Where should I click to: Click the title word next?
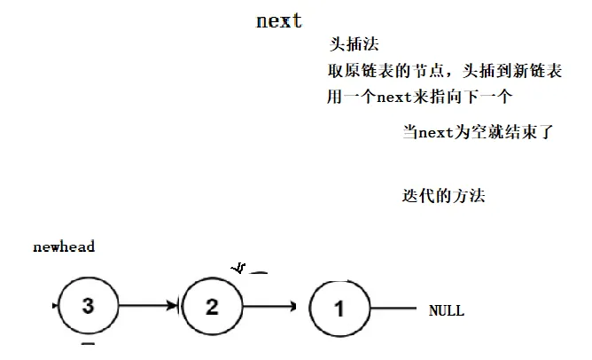[x=279, y=20]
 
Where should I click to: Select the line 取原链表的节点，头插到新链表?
[x=444, y=71]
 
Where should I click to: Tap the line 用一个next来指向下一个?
[x=421, y=97]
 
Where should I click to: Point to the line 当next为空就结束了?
[x=478, y=134]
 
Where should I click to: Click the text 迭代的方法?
[x=443, y=196]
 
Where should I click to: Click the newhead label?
[x=64, y=247]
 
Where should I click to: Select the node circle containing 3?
[x=87, y=307]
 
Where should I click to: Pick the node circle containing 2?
[x=212, y=307]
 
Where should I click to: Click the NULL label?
[x=446, y=311]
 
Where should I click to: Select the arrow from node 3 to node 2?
[x=149, y=308]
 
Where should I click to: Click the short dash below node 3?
[x=87, y=342]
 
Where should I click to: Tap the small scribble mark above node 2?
[x=238, y=267]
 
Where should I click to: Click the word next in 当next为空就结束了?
[x=436, y=134]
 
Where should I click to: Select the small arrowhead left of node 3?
[x=57, y=307]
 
